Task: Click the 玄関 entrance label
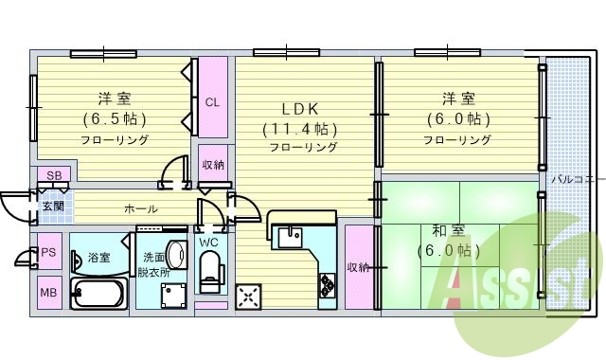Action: [52, 206]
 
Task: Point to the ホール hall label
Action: [141, 208]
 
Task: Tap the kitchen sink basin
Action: [290, 234]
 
